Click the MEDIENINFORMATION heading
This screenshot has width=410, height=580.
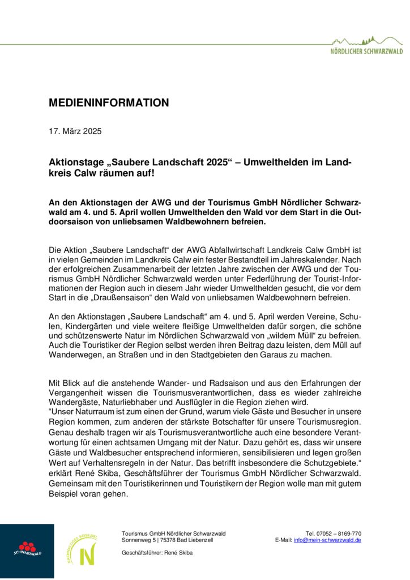[109, 103]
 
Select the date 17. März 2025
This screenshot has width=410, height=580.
[75, 131]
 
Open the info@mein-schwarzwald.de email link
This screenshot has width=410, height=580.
[327, 540]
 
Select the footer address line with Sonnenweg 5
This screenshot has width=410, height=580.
[168, 540]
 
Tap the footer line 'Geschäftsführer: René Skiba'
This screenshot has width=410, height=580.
[157, 552]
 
